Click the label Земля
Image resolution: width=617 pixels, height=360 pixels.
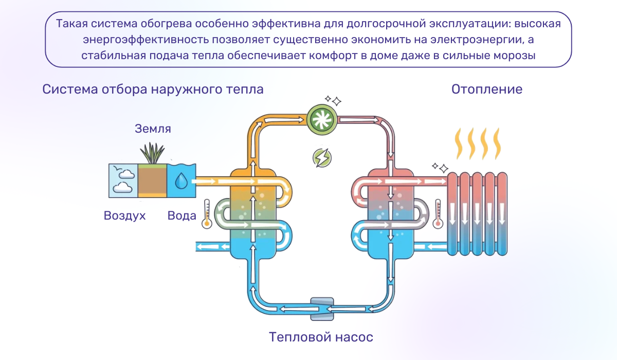(153, 129)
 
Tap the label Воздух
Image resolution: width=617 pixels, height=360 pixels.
(125, 215)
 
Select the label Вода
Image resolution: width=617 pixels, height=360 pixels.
(182, 215)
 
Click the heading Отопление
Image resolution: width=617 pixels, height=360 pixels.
(487, 89)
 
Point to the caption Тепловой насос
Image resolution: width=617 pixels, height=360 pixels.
(321, 337)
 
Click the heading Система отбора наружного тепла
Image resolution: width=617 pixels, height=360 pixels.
(153, 89)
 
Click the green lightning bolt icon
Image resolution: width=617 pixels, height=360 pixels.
(322, 158)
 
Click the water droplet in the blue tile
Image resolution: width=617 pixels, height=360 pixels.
(182, 181)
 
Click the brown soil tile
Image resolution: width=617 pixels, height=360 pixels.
(153, 181)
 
